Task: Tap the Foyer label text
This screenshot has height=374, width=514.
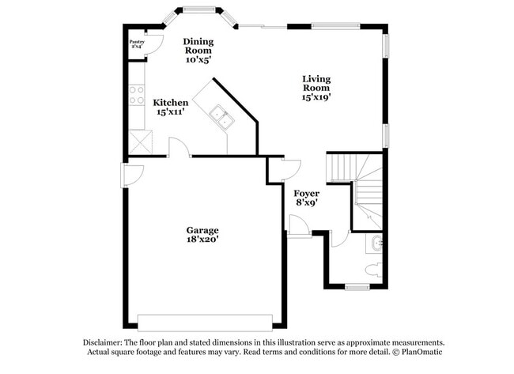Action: [306, 194]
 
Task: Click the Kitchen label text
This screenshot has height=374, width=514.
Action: [171, 103]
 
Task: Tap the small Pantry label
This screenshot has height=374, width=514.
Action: [137, 40]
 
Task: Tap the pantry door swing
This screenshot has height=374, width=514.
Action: [154, 44]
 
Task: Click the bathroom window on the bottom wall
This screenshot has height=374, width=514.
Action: [357, 287]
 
